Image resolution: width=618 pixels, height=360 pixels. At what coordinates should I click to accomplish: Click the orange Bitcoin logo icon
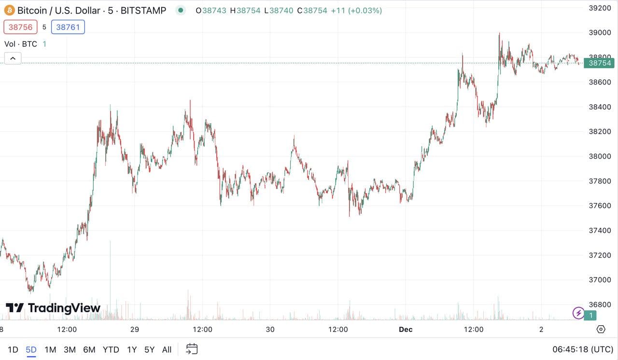(10, 10)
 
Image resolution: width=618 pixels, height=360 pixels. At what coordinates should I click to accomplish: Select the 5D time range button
(31, 349)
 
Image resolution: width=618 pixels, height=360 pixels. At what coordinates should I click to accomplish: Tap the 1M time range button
(50, 349)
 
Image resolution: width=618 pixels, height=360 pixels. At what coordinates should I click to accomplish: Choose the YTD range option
(111, 349)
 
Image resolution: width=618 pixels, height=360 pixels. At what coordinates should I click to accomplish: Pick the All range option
(167, 349)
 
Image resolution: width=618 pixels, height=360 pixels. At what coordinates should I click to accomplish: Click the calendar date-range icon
(192, 349)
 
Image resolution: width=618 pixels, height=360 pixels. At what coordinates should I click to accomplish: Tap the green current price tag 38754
(600, 63)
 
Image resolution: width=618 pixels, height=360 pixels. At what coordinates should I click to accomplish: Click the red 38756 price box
(20, 27)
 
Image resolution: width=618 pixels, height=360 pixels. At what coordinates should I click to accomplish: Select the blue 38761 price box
(68, 27)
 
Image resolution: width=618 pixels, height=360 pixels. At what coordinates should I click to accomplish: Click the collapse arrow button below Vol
(13, 59)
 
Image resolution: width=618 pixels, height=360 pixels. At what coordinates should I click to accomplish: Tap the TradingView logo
(53, 308)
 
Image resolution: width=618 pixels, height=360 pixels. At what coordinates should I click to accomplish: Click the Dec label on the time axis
(406, 330)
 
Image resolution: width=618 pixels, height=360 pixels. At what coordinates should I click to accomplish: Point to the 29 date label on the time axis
(134, 330)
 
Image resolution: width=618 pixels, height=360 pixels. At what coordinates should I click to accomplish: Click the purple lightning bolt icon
(578, 313)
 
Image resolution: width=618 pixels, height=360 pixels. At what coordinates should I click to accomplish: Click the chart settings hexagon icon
(601, 329)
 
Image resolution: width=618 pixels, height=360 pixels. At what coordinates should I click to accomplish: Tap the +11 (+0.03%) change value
(356, 10)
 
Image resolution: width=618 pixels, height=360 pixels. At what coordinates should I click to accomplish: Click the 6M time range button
(89, 349)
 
